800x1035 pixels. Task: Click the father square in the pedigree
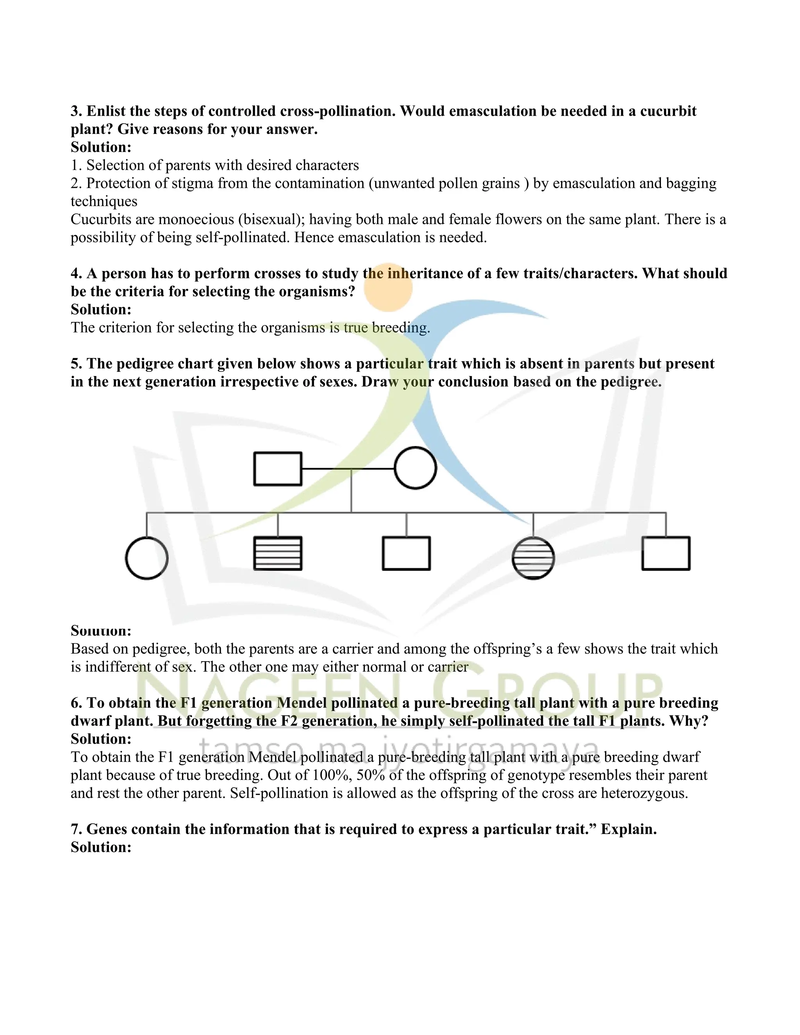pyautogui.click(x=278, y=469)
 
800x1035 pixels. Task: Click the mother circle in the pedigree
pyautogui.click(x=415, y=468)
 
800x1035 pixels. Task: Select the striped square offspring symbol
pyautogui.click(x=278, y=553)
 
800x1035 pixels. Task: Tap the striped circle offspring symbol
pyautogui.click(x=533, y=558)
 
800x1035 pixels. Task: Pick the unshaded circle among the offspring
pyautogui.click(x=146, y=558)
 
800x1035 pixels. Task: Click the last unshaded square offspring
pyautogui.click(x=665, y=553)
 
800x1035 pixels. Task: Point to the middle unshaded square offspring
pyautogui.click(x=406, y=553)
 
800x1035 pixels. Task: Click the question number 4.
pyautogui.click(x=76, y=273)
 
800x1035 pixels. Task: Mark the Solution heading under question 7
pyautogui.click(x=101, y=847)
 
